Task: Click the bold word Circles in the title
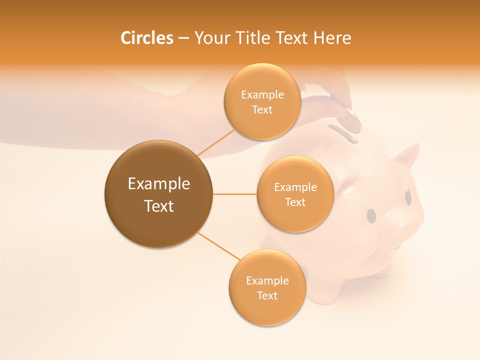point(147,38)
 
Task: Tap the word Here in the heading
point(332,38)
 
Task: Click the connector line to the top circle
point(216,142)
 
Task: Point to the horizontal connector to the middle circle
point(234,194)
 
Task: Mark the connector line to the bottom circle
point(218,246)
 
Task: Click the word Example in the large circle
point(159,184)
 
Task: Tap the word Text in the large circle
point(159,206)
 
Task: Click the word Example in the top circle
point(262,95)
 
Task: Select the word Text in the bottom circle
point(267,295)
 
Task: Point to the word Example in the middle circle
point(295,187)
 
